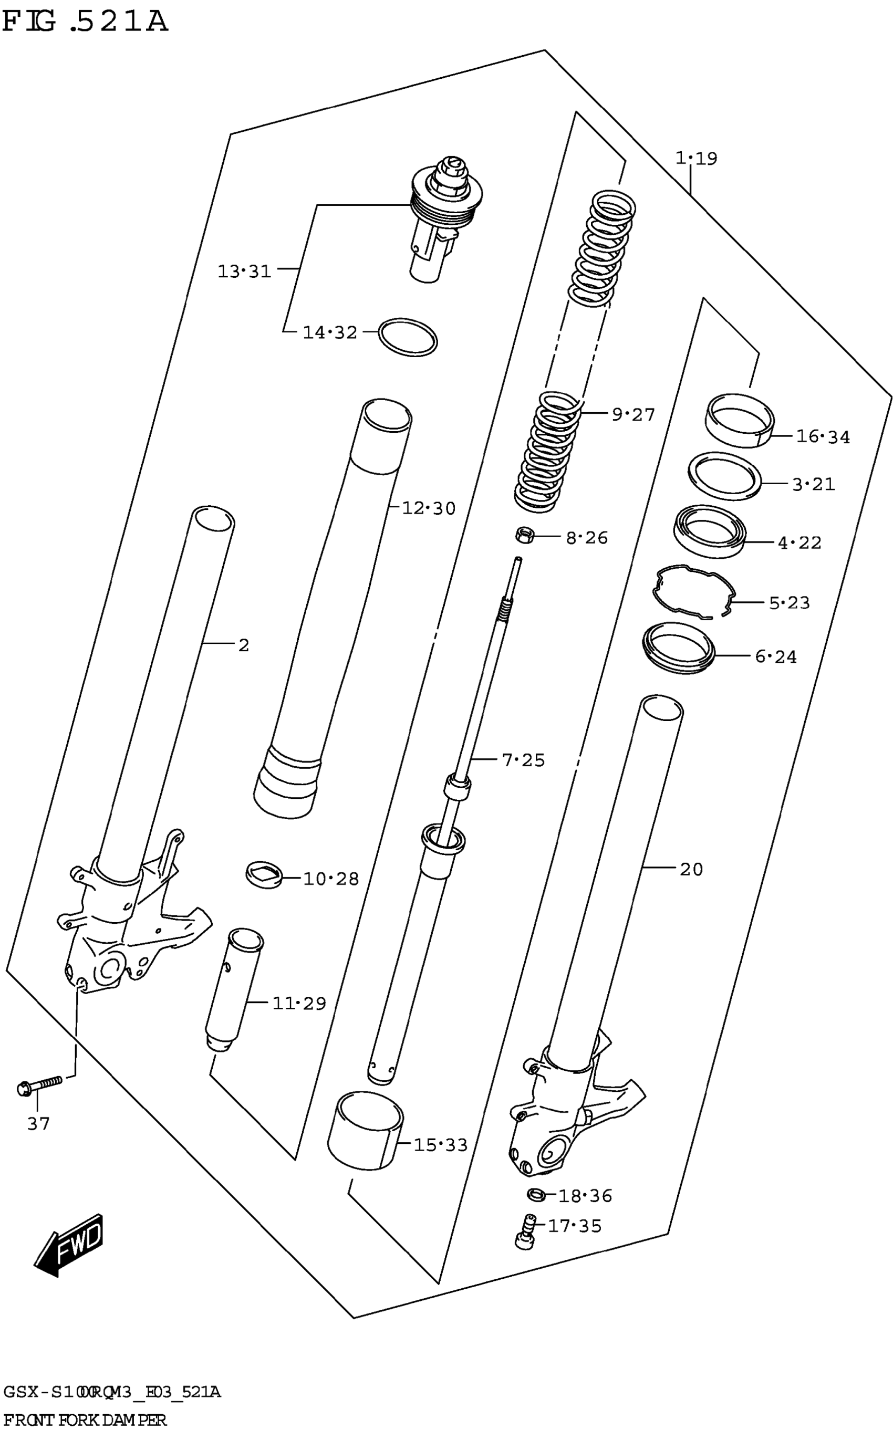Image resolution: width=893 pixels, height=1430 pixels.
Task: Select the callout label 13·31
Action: (x=244, y=272)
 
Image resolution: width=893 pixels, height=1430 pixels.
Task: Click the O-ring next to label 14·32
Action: (x=408, y=337)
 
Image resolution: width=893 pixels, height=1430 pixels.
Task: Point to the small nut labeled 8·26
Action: (x=524, y=536)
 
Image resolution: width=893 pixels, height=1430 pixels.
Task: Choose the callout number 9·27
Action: (x=633, y=415)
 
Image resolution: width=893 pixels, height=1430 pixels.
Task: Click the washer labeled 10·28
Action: (x=263, y=874)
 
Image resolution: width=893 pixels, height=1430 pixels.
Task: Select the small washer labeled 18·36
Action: (x=536, y=1195)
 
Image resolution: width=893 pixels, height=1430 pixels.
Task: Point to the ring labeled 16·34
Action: (x=740, y=420)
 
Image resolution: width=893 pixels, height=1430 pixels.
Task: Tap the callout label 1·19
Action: (x=697, y=158)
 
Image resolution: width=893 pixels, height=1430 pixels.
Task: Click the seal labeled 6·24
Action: (x=678, y=648)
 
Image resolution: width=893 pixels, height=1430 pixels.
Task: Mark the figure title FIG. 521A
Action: (x=86, y=23)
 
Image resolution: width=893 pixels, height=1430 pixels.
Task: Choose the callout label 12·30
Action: (x=429, y=508)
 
